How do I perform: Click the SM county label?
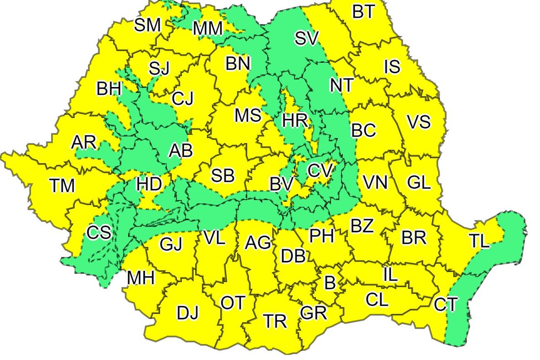click(x=148, y=25)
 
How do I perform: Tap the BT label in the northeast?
click(x=363, y=12)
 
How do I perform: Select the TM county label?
click(x=62, y=185)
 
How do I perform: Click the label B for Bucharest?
click(x=329, y=283)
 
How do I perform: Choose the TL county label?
click(x=479, y=242)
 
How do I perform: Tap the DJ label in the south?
click(x=188, y=313)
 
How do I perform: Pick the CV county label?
click(x=320, y=171)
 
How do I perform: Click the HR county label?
click(x=296, y=121)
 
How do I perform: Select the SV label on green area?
click(x=306, y=39)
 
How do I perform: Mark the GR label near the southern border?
click(x=313, y=313)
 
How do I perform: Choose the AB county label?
click(x=181, y=151)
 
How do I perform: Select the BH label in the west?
click(x=109, y=88)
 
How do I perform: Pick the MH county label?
click(x=141, y=278)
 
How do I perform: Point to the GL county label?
click(x=419, y=183)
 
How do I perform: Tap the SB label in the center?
click(x=223, y=175)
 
